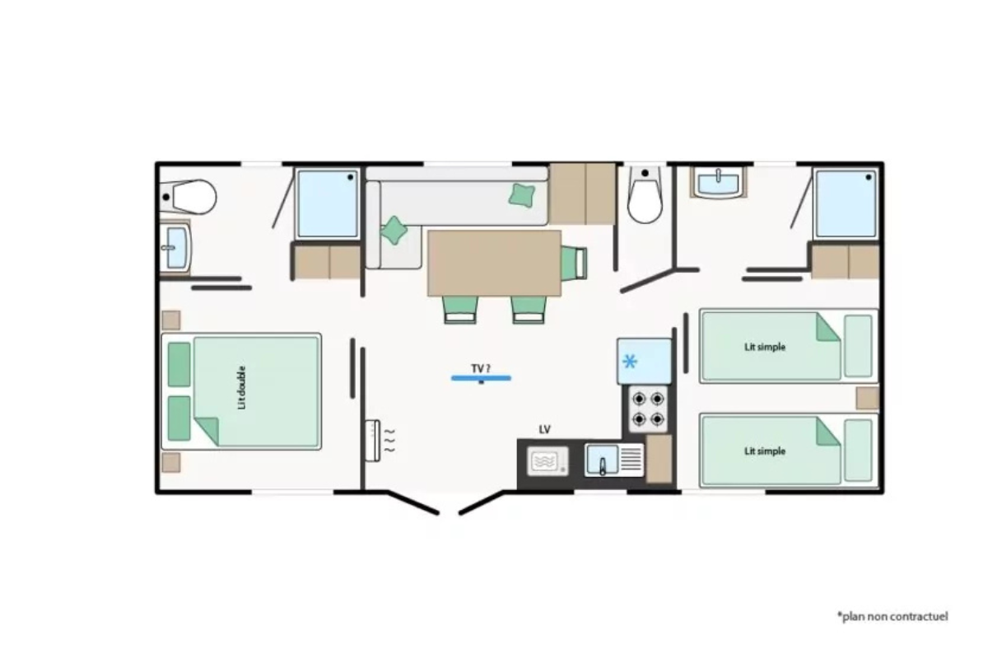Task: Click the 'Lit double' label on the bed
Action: tap(241, 388)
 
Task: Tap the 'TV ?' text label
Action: tap(481, 368)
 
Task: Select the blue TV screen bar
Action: tap(481, 378)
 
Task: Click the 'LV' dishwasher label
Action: tap(545, 429)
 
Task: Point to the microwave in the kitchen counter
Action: tap(548, 461)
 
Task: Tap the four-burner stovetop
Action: tap(648, 409)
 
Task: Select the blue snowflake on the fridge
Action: tap(630, 362)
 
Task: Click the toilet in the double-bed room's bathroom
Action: tap(189, 197)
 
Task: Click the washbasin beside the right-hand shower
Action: tap(719, 182)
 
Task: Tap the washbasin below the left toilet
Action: tap(175, 248)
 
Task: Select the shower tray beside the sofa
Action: tap(328, 203)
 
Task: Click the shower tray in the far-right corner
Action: tap(846, 203)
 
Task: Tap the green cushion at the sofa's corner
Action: tap(394, 230)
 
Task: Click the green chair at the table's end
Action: tap(575, 263)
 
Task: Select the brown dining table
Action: tap(495, 263)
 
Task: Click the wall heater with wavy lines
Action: tap(373, 441)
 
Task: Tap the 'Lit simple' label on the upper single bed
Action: tap(765, 347)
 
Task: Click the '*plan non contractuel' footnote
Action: tap(892, 616)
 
